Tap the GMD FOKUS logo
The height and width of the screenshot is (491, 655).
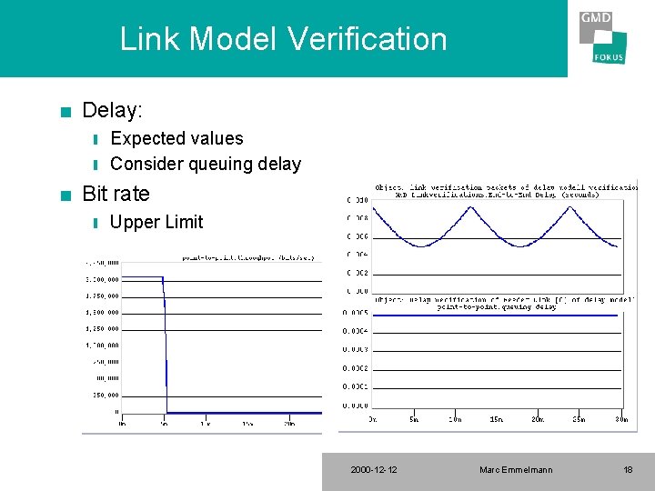[602, 37]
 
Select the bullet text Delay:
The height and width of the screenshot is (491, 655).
[112, 111]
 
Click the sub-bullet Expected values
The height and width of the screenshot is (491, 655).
[176, 138]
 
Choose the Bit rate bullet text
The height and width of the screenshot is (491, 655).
[116, 194]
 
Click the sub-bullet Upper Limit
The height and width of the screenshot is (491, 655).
[156, 222]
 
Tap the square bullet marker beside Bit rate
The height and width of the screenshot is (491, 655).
[64, 195]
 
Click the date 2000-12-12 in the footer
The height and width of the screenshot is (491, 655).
[373, 470]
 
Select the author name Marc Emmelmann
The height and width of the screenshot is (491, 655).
[516, 470]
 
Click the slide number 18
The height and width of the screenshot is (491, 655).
[628, 470]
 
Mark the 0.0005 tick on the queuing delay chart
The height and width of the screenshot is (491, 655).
[356, 312]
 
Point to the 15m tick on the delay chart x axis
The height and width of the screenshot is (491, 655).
[497, 419]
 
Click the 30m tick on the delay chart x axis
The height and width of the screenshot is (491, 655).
[620, 419]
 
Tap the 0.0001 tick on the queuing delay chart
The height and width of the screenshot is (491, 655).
[356, 386]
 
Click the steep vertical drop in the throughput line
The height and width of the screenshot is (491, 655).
[166, 346]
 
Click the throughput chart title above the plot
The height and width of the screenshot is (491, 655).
[248, 258]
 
